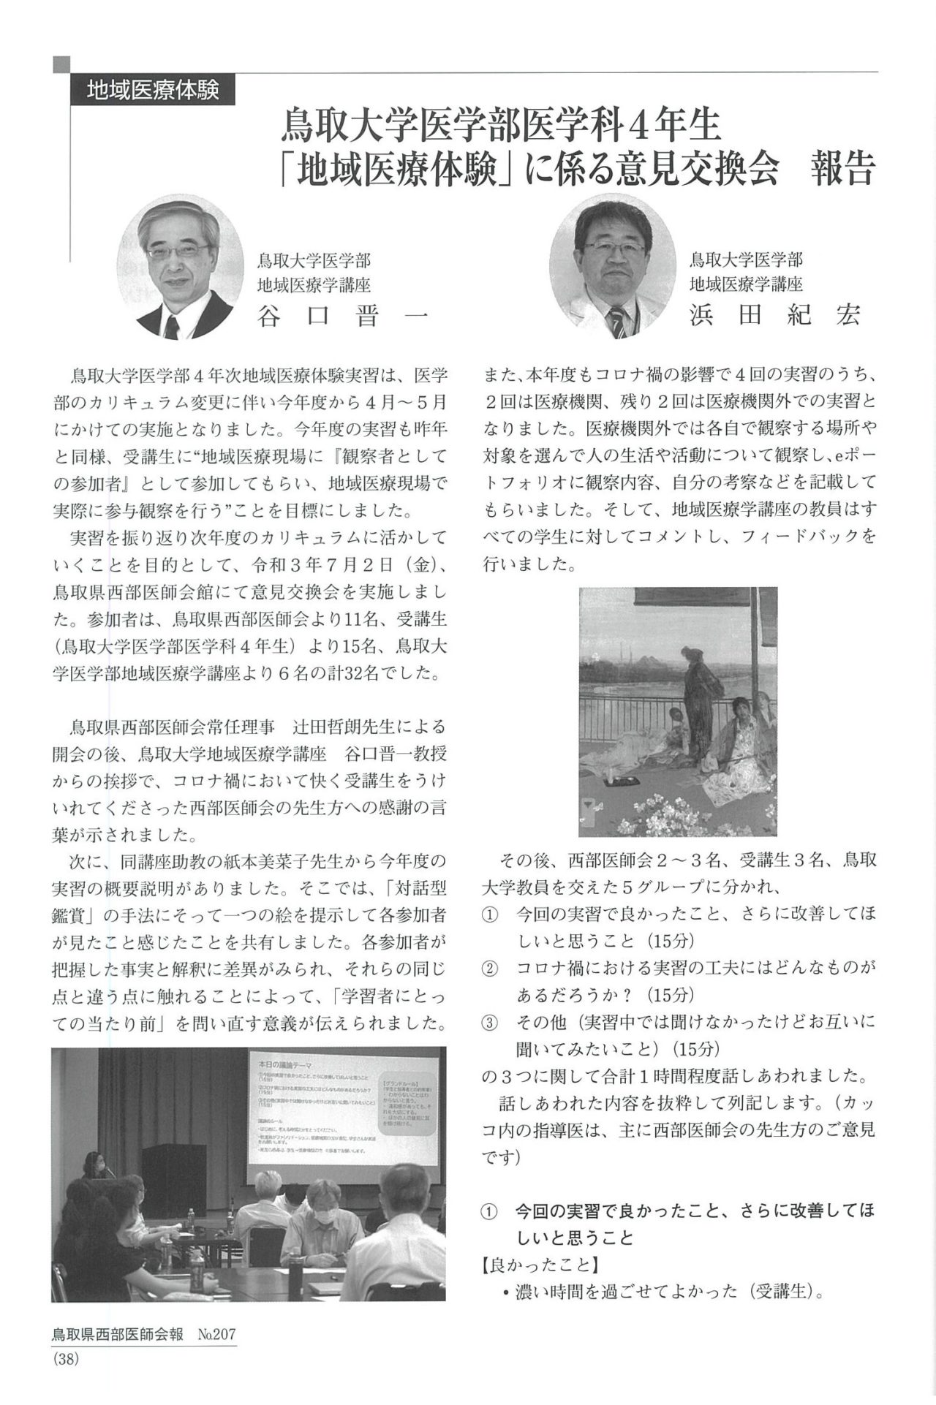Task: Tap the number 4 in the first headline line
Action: coord(636,125)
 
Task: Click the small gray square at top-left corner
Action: coord(61,64)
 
